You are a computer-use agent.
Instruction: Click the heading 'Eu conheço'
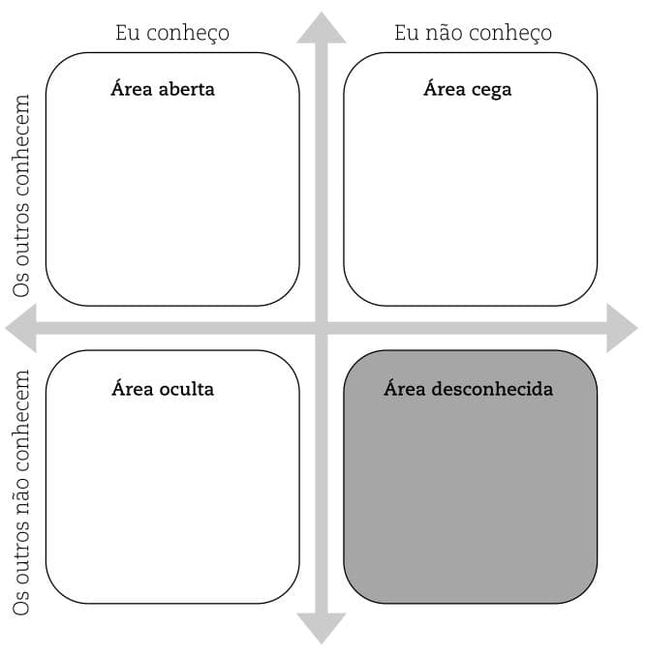[172, 34]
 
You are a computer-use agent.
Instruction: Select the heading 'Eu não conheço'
[473, 33]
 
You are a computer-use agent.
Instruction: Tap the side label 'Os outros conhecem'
[21, 195]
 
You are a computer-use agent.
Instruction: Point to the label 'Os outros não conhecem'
[21, 492]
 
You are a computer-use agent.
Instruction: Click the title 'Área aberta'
[163, 90]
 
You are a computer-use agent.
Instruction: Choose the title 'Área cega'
[468, 90]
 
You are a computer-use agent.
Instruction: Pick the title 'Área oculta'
[163, 389]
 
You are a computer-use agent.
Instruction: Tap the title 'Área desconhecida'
[469, 389]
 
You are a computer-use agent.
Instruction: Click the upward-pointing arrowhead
[322, 28]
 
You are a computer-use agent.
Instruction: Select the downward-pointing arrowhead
[322, 627]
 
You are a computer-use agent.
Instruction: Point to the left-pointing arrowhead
[21, 328]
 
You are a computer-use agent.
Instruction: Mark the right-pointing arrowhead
[622, 328]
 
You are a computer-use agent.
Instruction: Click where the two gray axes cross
[322, 328]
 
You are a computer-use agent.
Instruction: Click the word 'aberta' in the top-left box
[187, 90]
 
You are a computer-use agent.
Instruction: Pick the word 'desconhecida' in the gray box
[492, 389]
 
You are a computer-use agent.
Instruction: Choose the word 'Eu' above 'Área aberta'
[128, 33]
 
